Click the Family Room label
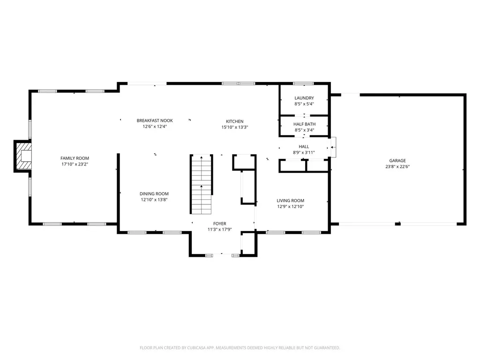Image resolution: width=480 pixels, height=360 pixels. [75, 158]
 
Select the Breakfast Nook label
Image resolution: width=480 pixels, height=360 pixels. [155, 120]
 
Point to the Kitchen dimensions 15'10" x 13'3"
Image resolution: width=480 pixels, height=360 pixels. [234, 127]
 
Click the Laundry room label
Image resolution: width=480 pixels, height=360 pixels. [304, 98]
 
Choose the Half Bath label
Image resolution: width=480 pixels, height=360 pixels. [304, 124]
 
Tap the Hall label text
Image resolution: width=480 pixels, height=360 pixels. [304, 147]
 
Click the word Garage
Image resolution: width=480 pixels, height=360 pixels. [397, 160]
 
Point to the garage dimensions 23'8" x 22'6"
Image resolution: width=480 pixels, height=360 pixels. [397, 166]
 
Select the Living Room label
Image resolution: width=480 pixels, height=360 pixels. [291, 201]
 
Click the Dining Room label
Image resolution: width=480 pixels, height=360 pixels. [154, 194]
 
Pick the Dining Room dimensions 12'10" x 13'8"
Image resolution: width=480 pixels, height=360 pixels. [154, 200]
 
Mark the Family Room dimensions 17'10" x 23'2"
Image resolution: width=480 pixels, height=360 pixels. [75, 165]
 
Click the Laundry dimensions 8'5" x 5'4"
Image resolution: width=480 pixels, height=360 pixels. [304, 104]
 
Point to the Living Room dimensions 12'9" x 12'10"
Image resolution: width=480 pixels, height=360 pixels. [291, 207]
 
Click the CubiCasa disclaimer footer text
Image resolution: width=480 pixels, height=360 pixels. [240, 348]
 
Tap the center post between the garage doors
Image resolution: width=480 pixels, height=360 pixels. [397, 224]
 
